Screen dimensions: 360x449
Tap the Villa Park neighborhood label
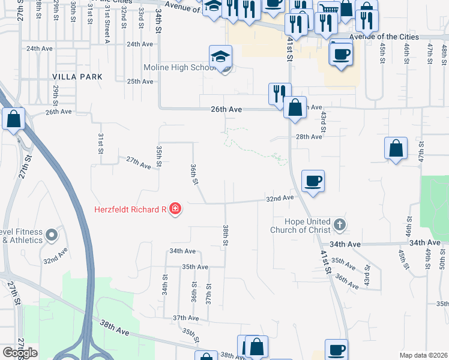coord(77,77)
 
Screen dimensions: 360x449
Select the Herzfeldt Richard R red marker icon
coord(175,209)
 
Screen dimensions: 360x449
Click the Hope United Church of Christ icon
coord(339,226)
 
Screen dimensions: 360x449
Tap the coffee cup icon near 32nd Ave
coord(313,181)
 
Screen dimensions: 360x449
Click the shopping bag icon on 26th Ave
coord(295,109)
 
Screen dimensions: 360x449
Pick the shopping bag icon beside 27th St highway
coord(13,119)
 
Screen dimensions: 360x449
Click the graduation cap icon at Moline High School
coord(220,58)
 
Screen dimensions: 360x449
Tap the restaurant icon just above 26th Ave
coord(279,94)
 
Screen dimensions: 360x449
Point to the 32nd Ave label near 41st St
coord(280,198)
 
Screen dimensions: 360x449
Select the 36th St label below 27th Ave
coord(193,175)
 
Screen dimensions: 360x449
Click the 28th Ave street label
coord(309,137)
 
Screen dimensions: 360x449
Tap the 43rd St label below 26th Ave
coord(323,122)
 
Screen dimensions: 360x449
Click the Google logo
coord(20,353)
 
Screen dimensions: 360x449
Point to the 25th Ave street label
coord(140,82)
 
